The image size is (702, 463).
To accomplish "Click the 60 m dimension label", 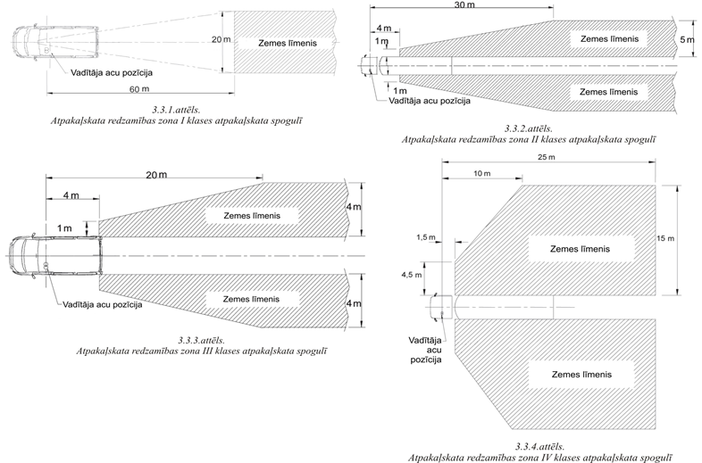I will click(137, 90).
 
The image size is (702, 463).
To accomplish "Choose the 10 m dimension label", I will click(482, 172).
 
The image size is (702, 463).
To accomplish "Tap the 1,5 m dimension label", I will click(428, 237).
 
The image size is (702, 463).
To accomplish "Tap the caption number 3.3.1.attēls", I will click(176, 109).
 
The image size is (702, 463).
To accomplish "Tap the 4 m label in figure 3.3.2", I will click(382, 28).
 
